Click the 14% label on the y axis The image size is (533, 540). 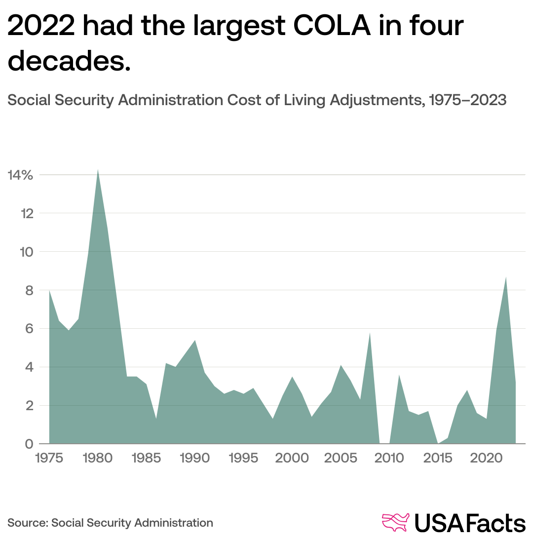click(20, 175)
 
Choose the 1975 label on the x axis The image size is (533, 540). click(49, 458)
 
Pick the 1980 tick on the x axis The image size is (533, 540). click(98, 458)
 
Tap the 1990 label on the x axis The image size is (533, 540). click(195, 458)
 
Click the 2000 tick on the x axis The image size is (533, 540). click(292, 458)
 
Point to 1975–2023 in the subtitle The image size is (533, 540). click(468, 100)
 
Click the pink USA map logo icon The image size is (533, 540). click(396, 523)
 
